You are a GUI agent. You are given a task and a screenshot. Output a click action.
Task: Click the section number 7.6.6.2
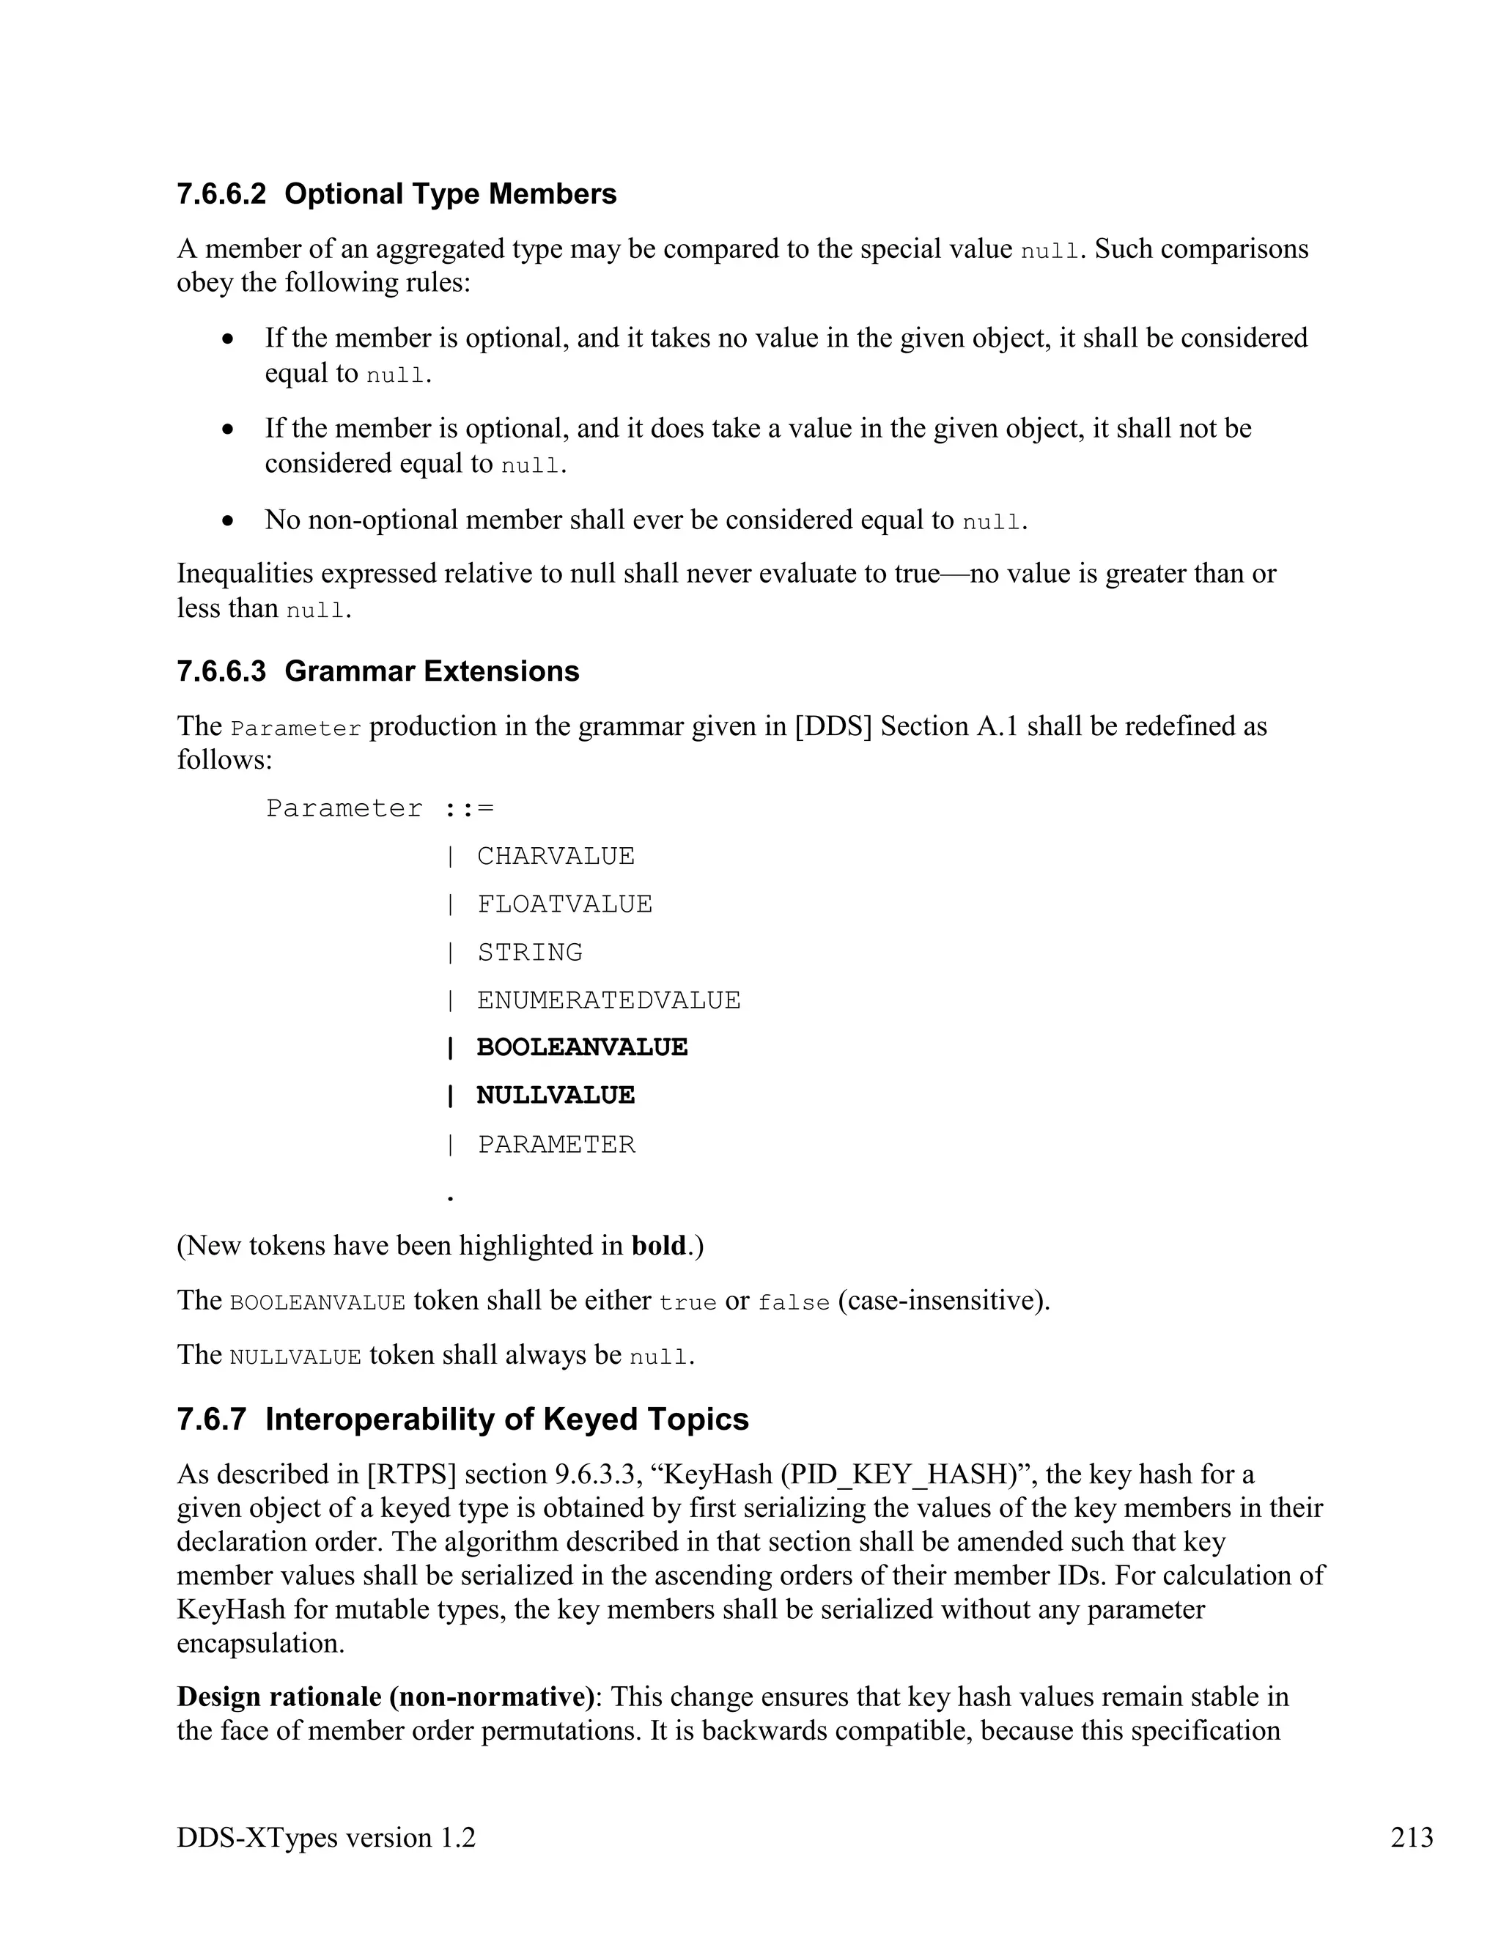click(221, 194)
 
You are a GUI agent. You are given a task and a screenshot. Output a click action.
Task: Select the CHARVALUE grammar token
click(555, 855)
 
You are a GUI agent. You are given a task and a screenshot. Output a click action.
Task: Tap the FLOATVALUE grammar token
click(564, 904)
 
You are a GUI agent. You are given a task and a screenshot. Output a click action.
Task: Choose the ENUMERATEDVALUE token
click(608, 1000)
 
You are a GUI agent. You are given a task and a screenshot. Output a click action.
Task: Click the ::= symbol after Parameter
click(468, 808)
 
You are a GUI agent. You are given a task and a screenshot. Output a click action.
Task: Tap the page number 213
click(1411, 1837)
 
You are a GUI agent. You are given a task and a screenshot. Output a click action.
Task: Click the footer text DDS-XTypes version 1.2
click(325, 1837)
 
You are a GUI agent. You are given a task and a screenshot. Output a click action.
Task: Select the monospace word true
click(687, 1303)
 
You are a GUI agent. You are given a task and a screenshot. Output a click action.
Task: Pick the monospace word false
click(793, 1303)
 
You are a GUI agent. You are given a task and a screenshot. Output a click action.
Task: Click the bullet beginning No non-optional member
click(645, 520)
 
